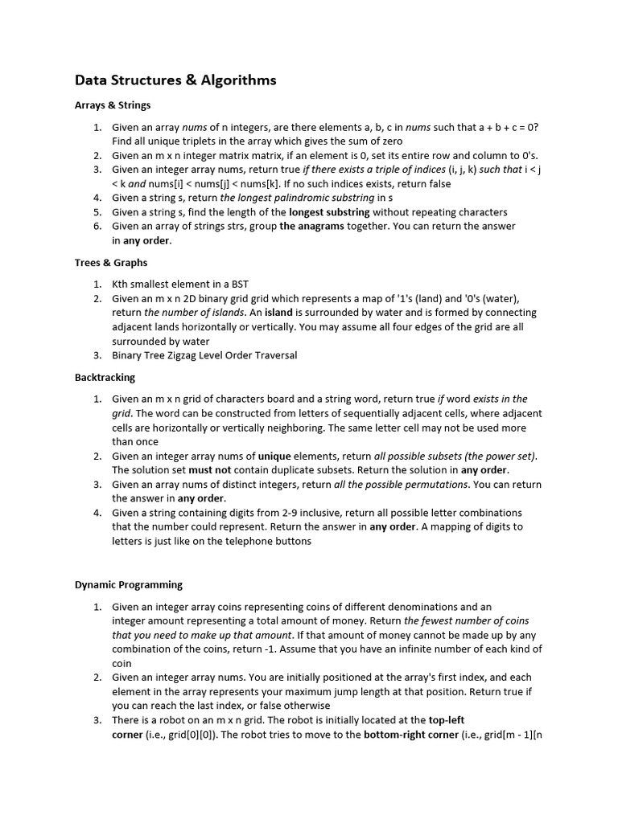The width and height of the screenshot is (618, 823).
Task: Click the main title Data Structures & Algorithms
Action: click(175, 80)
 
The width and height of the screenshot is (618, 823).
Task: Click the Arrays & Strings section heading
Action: click(113, 104)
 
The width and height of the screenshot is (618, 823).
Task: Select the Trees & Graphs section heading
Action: click(111, 262)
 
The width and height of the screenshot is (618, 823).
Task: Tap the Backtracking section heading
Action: click(105, 377)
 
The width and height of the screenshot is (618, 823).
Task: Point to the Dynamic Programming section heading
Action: click(129, 584)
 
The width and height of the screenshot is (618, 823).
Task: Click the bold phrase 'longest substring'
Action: click(329, 212)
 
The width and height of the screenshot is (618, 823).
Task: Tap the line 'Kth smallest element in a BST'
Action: click(181, 284)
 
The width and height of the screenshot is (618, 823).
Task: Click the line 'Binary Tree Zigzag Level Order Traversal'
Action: click(204, 355)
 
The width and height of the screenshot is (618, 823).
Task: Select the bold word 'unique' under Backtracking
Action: click(275, 456)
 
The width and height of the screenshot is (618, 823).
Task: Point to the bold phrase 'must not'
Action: click(210, 469)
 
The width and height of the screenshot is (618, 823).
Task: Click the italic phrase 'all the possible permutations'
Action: click(402, 484)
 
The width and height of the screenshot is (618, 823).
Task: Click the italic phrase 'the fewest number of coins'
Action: click(466, 620)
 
